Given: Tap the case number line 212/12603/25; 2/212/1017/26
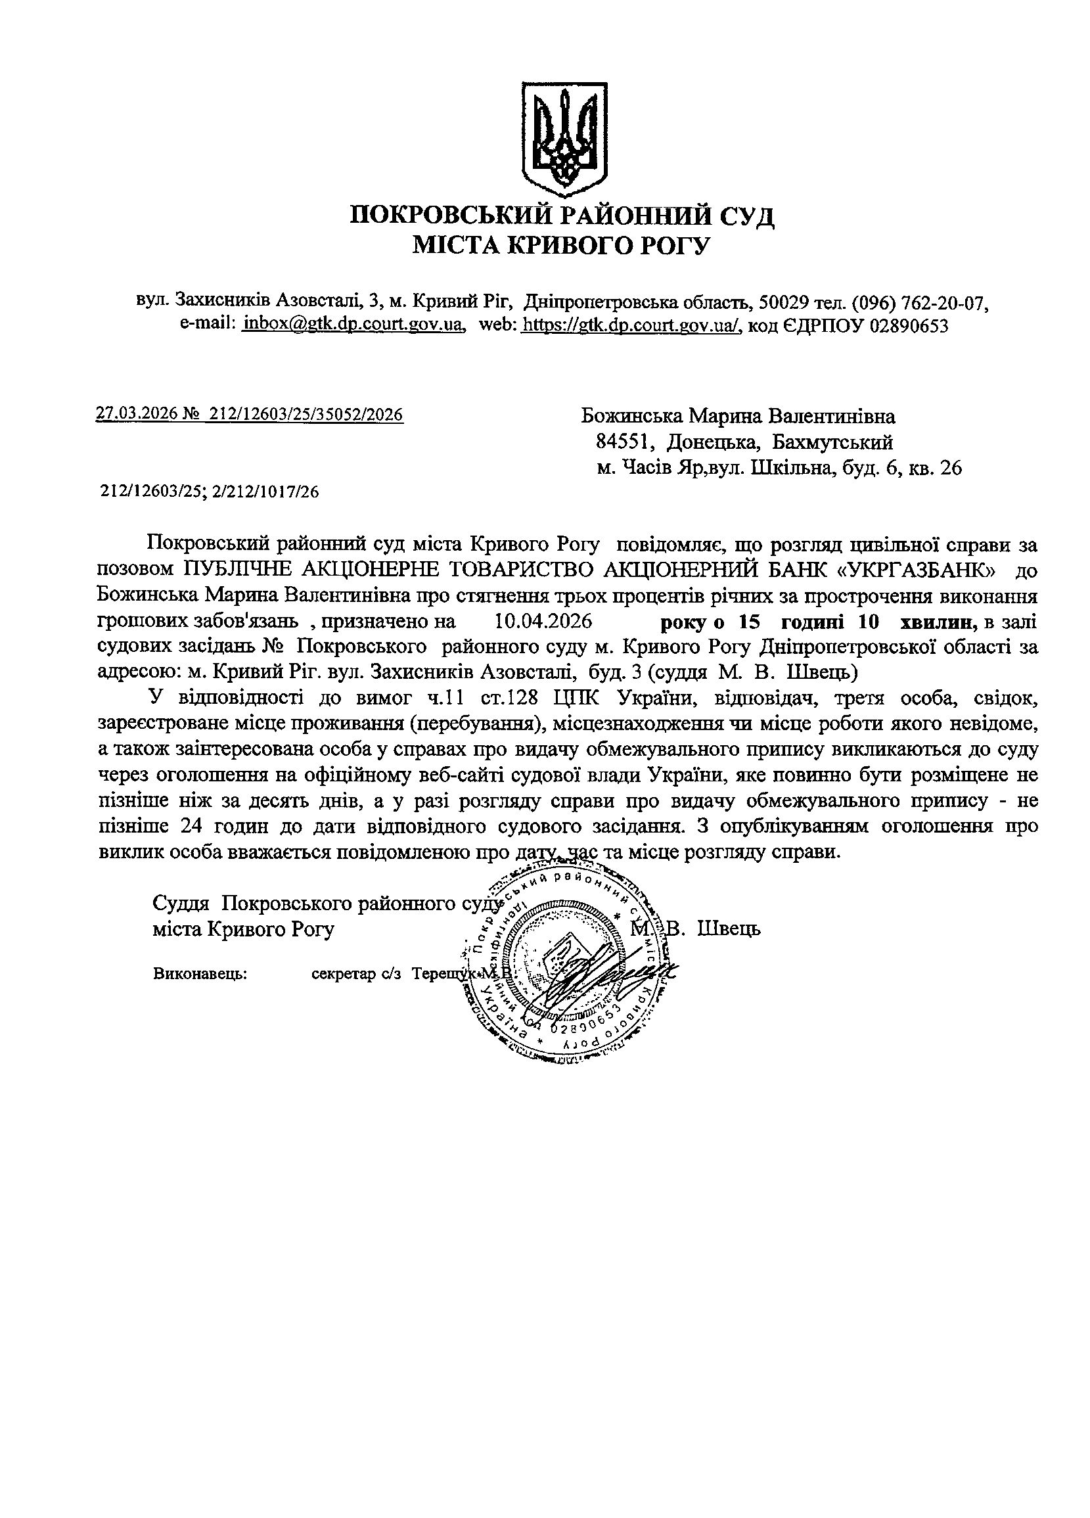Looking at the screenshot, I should pyautogui.click(x=210, y=492).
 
